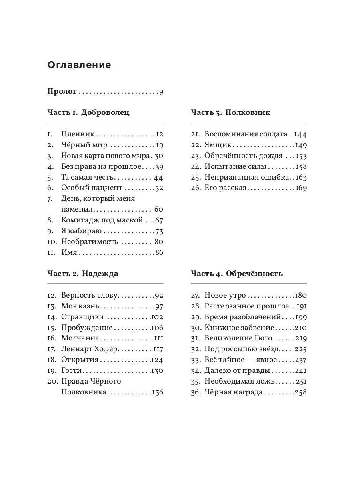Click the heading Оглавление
(x=79, y=65)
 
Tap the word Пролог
(x=62, y=92)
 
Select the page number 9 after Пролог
(x=161, y=92)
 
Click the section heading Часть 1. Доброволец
(x=88, y=112)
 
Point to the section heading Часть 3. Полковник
(x=230, y=112)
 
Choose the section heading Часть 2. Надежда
(x=83, y=274)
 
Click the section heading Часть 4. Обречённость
(x=237, y=274)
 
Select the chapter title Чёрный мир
(x=84, y=145)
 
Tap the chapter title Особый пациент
(x=92, y=188)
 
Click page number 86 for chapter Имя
(x=159, y=252)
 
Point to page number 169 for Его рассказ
(x=301, y=188)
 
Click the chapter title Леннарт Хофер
(x=90, y=349)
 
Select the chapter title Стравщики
(x=82, y=317)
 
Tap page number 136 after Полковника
(x=157, y=392)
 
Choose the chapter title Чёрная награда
(x=234, y=392)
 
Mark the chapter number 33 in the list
(x=196, y=360)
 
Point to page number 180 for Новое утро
(x=300, y=296)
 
